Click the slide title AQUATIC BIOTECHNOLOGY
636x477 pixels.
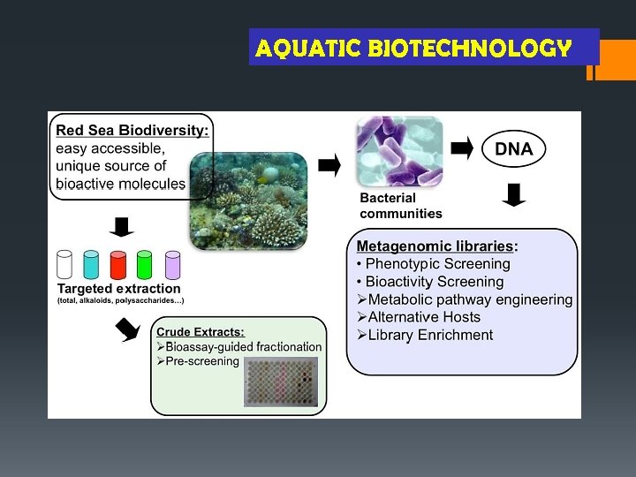[413, 48]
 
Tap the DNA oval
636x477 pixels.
[513, 149]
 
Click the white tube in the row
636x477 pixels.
[64, 264]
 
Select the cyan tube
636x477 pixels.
[92, 264]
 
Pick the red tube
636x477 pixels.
[118, 264]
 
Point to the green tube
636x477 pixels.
[145, 264]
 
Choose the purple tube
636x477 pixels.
[172, 264]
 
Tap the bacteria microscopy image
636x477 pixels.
[398, 152]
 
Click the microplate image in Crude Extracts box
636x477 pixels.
[281, 382]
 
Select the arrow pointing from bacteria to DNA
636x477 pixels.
[462, 148]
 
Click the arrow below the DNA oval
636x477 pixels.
[514, 193]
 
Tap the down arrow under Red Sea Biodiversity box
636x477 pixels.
[121, 226]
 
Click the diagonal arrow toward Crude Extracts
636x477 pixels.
[127, 330]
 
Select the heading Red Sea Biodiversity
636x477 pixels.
[132, 130]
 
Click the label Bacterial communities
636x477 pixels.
[400, 206]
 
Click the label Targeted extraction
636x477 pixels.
[118, 288]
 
